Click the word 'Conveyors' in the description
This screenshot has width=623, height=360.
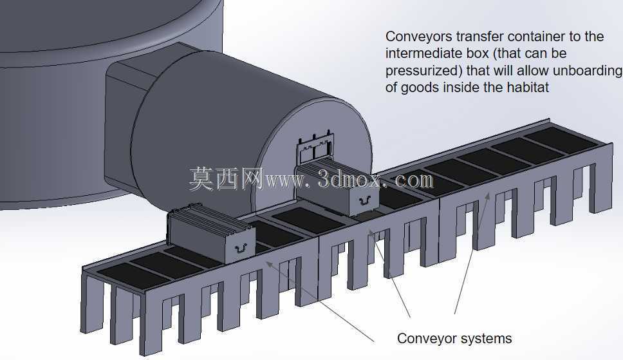(419, 37)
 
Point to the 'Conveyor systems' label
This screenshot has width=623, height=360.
(454, 339)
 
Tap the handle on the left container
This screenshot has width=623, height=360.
(240, 248)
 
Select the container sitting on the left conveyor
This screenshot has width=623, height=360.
(211, 234)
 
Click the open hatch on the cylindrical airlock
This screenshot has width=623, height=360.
(315, 149)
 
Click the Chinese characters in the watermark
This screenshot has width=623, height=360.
(227, 178)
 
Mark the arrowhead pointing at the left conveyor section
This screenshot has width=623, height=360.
(270, 265)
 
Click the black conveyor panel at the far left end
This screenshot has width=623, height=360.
(133, 276)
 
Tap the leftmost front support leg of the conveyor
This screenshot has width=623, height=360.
(90, 305)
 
